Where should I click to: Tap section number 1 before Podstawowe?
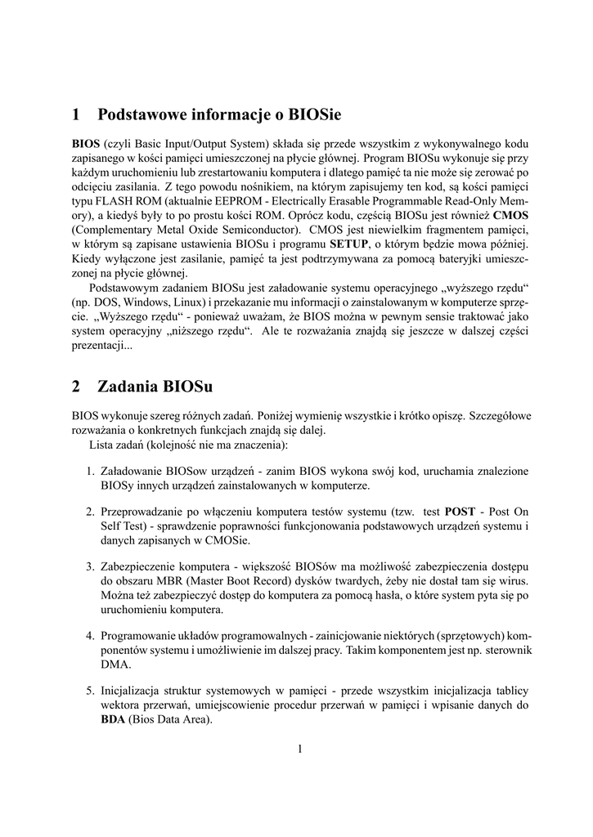[x=76, y=113]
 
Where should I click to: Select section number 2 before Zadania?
[x=76, y=386]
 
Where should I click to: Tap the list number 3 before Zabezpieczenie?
[x=90, y=566]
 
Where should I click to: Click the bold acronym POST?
[x=460, y=512]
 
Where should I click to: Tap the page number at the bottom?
[x=300, y=748]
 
